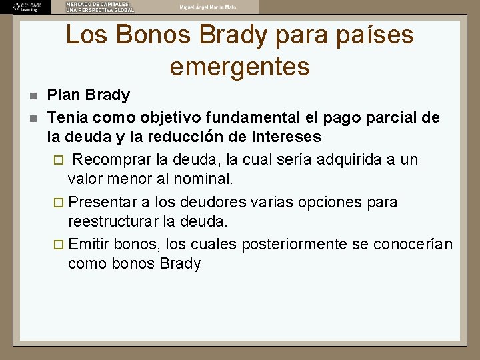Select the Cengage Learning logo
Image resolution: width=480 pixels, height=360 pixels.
26,7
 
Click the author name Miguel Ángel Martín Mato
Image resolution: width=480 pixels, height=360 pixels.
208,7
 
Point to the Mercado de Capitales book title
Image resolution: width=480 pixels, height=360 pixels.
99,7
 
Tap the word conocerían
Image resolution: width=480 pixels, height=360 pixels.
413,244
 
